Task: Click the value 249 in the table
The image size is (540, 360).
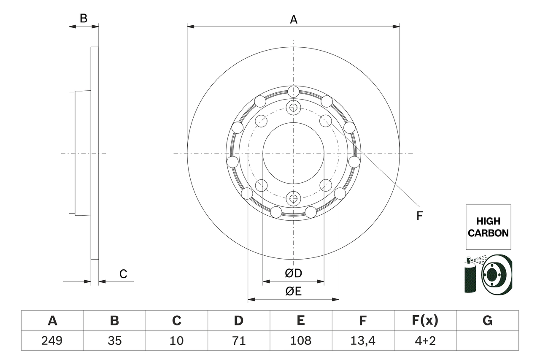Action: pos(52,340)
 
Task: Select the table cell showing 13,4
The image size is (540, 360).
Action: pos(363,340)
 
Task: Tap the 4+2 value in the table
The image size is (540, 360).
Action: pos(425,340)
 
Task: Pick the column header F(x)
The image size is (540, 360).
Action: pos(425,321)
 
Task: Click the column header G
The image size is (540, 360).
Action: pos(487,321)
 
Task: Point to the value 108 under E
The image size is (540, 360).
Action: pos(301,340)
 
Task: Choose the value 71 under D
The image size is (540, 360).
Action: pos(239,340)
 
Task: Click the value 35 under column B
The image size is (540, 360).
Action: pos(114,340)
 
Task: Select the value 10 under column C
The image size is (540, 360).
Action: pos(176,340)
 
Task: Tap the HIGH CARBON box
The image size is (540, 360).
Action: pos(488,227)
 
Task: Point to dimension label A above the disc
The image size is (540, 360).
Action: pos(293,19)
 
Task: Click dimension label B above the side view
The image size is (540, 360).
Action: pos(84,18)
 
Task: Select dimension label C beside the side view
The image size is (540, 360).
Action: pos(123,274)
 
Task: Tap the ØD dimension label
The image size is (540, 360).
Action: pos(293,273)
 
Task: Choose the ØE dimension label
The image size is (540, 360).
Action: pos(293,292)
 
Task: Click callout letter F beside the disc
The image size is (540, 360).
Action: pos(419,216)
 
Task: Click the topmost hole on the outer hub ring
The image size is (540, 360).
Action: pos(293,91)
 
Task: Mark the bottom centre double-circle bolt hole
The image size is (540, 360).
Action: pos(293,198)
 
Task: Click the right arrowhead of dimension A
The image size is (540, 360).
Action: pos(397,27)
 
